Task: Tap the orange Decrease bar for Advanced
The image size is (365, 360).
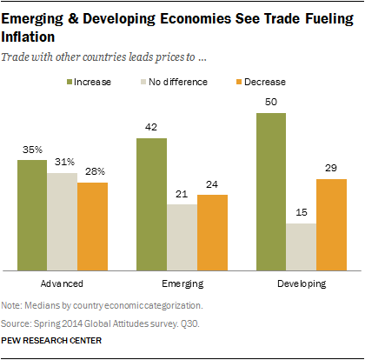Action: (x=93, y=226)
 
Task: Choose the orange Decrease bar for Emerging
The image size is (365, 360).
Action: (x=213, y=232)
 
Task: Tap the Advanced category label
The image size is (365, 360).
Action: (x=63, y=284)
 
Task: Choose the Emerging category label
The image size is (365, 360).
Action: (x=183, y=284)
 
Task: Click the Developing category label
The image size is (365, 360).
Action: (x=302, y=284)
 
